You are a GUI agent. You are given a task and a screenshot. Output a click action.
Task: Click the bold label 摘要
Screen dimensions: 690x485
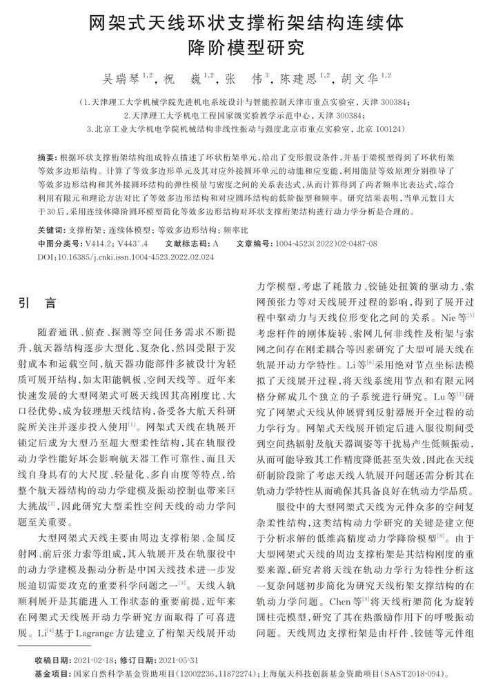click(47, 158)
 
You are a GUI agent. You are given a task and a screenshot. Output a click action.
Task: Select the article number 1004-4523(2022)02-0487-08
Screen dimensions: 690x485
click(326, 244)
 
